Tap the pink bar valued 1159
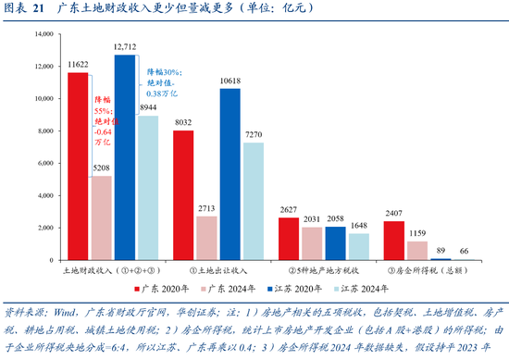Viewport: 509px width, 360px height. point(418,251)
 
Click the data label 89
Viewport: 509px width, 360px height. point(441,251)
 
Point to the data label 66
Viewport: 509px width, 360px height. point(465,251)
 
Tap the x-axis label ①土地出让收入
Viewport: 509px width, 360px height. point(218,272)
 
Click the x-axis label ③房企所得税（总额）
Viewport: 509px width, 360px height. point(429,272)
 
